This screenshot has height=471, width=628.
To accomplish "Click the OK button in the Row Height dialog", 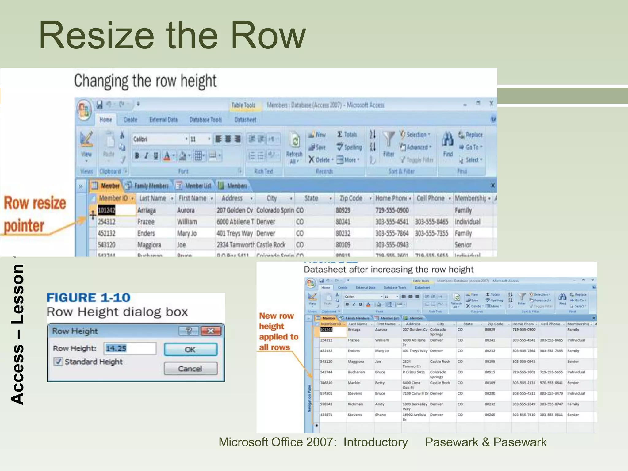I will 190,349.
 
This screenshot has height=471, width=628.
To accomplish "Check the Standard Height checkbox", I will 58,362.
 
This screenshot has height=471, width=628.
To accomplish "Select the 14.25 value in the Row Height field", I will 116,348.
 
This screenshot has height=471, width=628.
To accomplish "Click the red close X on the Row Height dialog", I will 211,331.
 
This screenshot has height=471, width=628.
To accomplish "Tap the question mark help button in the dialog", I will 189,331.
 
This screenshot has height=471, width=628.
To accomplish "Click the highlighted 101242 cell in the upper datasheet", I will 106,210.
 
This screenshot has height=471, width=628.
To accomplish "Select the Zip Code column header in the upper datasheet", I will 351,198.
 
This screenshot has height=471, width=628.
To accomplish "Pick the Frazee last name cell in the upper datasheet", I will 146,222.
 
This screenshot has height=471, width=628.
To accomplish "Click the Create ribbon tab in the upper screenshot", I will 130,120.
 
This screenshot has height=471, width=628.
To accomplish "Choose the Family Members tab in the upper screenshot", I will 151,186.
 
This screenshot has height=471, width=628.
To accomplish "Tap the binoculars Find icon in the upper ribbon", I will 448,140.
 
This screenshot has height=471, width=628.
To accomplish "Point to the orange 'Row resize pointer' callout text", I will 35,214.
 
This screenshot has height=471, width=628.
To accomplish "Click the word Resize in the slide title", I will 96,35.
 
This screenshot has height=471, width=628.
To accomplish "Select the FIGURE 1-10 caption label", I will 88,297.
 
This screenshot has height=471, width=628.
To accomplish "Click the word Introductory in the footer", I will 375,442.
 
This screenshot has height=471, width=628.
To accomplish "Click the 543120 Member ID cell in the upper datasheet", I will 106,245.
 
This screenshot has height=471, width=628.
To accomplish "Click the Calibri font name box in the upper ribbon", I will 158,139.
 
